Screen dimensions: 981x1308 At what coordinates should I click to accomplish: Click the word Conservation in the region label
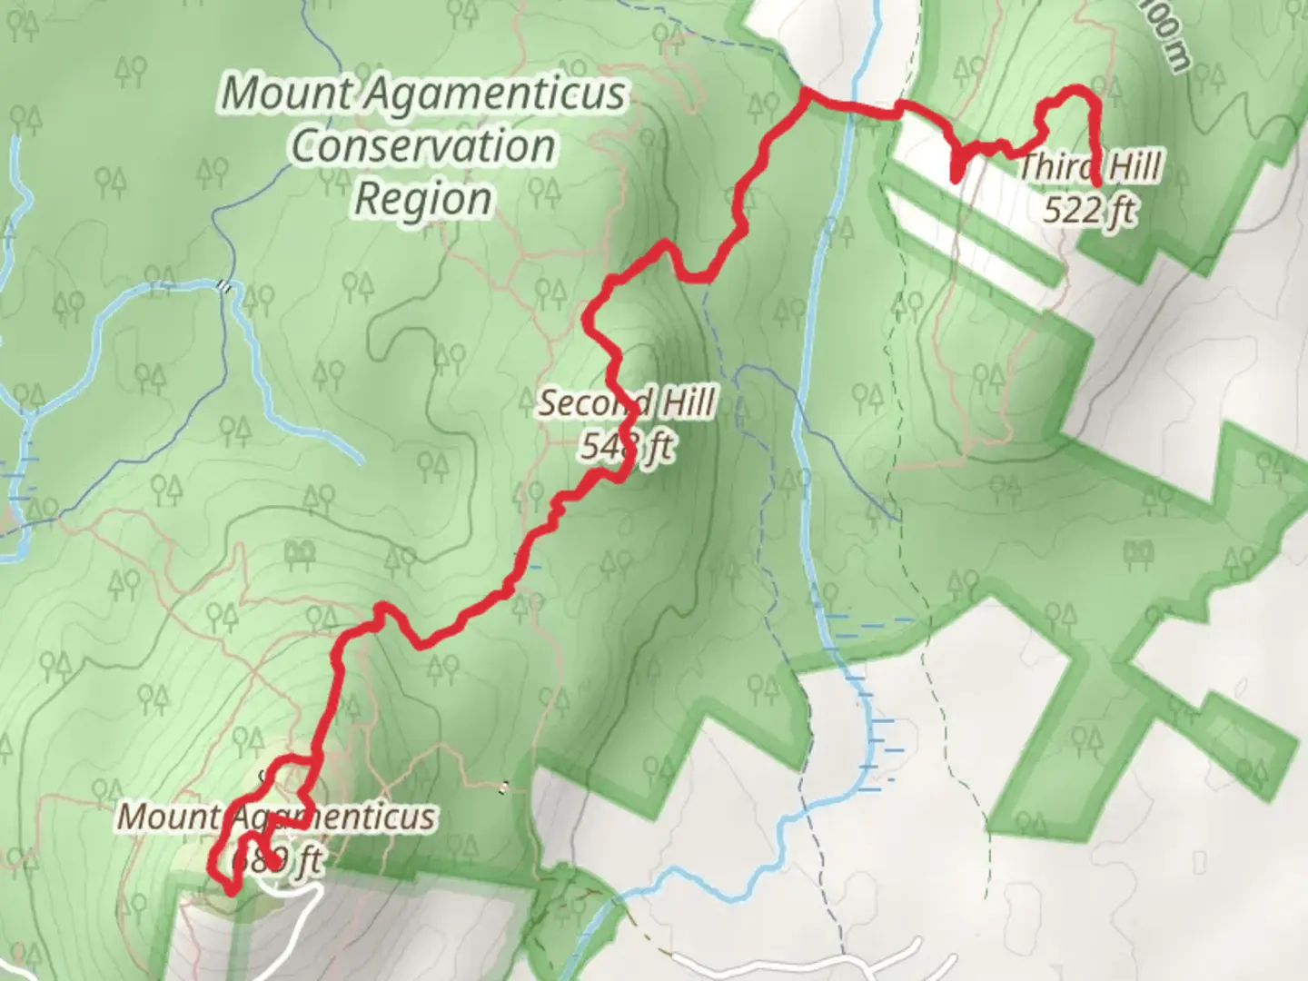423,146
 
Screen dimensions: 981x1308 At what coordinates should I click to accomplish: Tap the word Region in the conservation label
423,199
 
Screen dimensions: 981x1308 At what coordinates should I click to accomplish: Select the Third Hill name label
1090,168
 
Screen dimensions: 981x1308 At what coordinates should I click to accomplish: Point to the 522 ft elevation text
1089,211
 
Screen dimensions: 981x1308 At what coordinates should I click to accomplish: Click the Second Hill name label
627,402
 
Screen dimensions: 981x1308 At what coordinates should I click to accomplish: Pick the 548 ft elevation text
627,446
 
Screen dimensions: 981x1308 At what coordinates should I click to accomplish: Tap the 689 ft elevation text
276,859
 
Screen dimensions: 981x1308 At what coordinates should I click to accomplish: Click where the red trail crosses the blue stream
851,109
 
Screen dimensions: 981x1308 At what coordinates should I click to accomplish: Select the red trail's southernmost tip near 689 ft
231,892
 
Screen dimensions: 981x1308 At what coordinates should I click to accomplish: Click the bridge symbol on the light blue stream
223,285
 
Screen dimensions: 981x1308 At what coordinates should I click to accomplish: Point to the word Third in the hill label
1053,168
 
